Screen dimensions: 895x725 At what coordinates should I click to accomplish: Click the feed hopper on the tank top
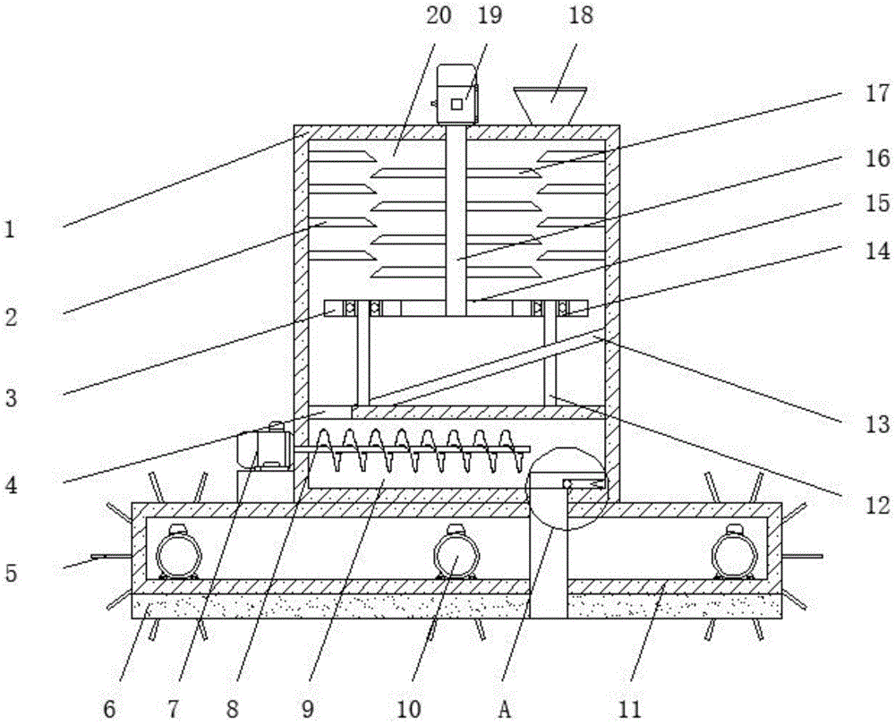550,106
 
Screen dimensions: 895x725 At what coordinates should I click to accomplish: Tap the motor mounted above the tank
456,94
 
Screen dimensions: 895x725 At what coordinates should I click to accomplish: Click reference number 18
581,15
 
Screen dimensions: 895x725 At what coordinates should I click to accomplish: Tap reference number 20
438,15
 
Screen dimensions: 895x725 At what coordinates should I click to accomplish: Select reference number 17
877,93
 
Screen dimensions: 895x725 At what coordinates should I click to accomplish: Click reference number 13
877,425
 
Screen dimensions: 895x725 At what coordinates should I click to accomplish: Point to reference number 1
9,230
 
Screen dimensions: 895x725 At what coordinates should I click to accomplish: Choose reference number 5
11,573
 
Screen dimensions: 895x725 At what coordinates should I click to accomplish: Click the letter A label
503,710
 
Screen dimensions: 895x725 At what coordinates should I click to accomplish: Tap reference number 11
629,710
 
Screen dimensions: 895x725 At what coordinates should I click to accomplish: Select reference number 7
173,710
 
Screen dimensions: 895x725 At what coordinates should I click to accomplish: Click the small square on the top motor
456,104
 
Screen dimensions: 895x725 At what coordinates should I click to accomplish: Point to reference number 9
308,710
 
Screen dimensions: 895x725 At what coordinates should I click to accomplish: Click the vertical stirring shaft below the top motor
456,220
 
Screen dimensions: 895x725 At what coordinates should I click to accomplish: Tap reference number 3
11,398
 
